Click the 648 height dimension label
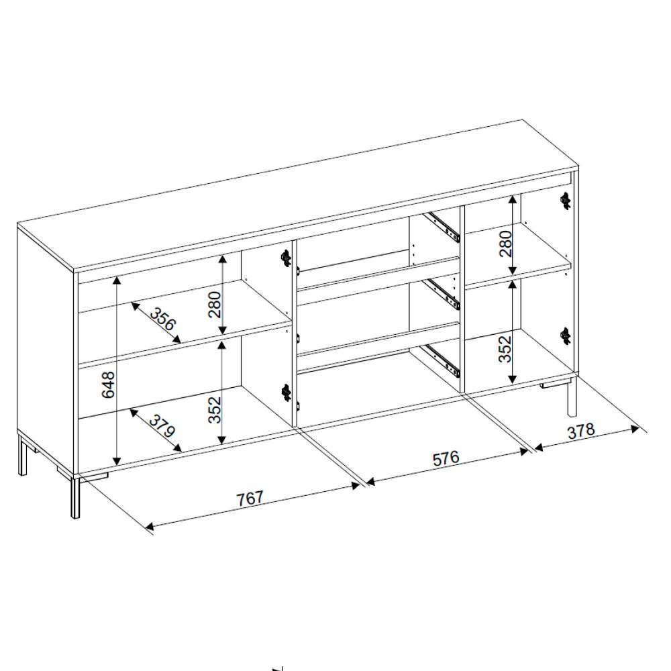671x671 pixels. (108, 384)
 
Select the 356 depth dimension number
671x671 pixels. (162, 319)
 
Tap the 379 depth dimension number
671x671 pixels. (162, 426)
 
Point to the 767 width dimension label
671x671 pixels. (250, 499)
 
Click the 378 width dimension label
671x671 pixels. (581, 431)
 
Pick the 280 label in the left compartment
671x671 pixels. (215, 304)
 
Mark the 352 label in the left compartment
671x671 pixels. (215, 409)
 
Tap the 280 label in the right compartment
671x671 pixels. (506, 244)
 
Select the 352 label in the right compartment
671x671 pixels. (506, 349)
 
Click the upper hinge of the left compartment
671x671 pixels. (285, 257)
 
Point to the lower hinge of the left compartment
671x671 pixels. (285, 393)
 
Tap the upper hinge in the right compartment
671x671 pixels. (566, 200)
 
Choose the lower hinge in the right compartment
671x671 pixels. (566, 336)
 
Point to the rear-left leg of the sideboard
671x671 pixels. (22, 455)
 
